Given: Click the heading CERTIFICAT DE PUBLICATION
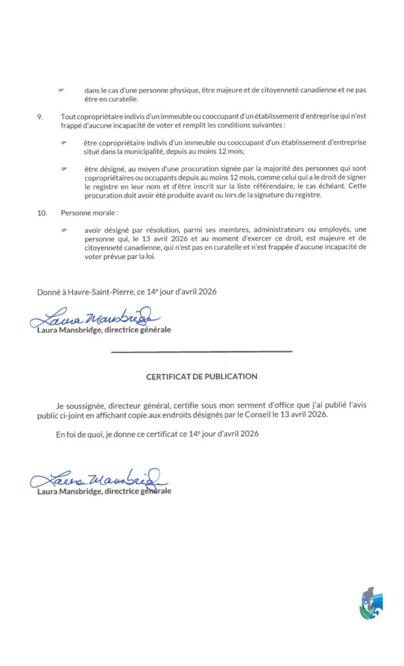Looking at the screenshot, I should click(x=201, y=376).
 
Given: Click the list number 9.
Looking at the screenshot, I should click(x=40, y=116).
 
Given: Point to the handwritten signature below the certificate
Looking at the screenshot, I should click(x=97, y=479).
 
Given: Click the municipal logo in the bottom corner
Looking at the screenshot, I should click(x=371, y=604).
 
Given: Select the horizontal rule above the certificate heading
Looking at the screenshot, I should click(x=201, y=352).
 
